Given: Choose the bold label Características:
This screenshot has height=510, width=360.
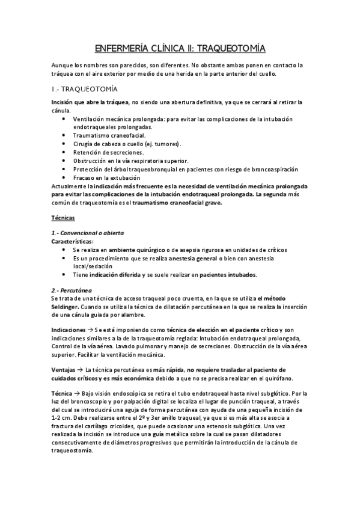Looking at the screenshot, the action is [73, 241].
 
